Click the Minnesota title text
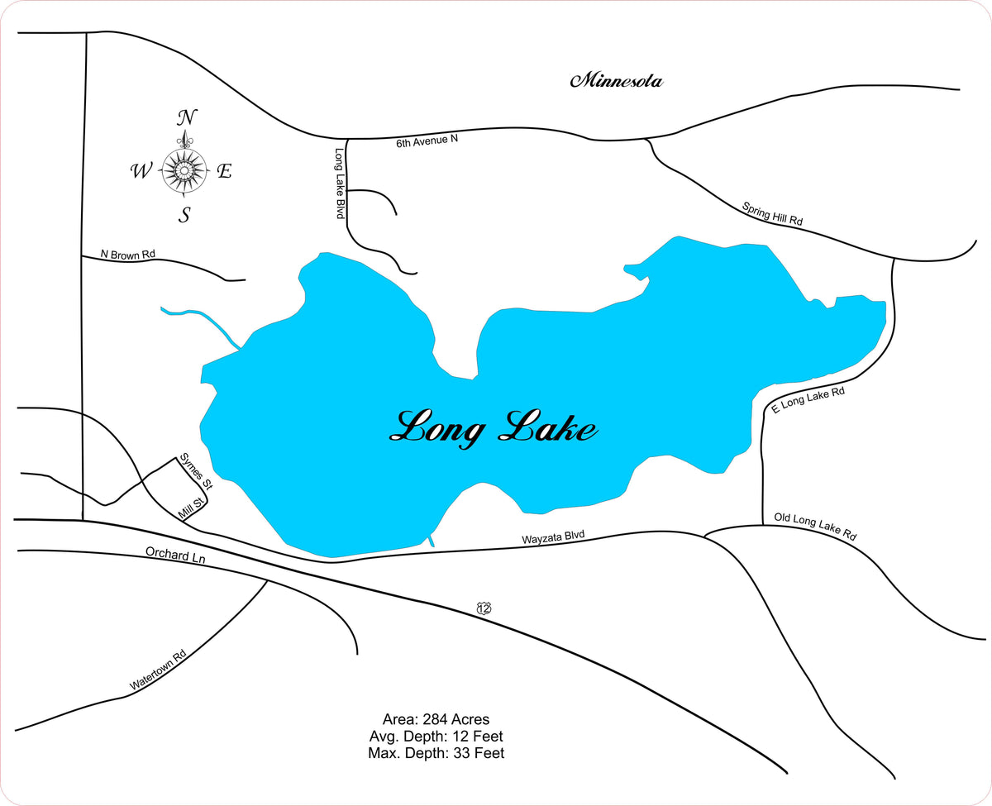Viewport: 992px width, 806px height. pos(617,81)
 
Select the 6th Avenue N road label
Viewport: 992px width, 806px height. pos(427,141)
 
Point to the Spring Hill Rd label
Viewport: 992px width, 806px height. pos(772,214)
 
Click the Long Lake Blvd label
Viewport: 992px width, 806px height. pos(339,184)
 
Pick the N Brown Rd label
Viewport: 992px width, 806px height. pos(127,255)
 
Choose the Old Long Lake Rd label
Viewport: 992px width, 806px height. pos(815,527)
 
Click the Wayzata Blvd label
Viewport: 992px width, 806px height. pos(553,537)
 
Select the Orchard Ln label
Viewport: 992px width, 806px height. pos(174,555)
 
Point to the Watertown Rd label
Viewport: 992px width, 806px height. pos(158,670)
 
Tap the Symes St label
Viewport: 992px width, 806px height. pos(197,472)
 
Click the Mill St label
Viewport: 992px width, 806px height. pos(191,509)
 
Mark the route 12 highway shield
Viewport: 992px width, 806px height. pos(484,608)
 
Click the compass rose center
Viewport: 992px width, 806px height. pos(184,171)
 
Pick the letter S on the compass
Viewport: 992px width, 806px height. pos(185,216)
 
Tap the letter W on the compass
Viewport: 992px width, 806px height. pos(141,172)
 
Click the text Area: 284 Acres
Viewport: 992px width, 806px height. pos(436,719)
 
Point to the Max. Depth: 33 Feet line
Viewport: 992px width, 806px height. pos(436,753)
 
